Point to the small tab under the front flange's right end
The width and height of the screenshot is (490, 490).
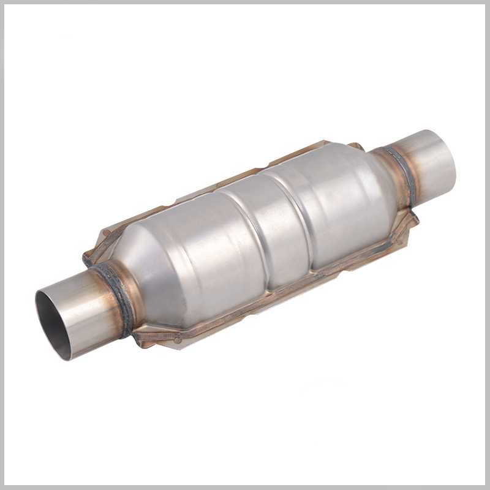tap(398, 236)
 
